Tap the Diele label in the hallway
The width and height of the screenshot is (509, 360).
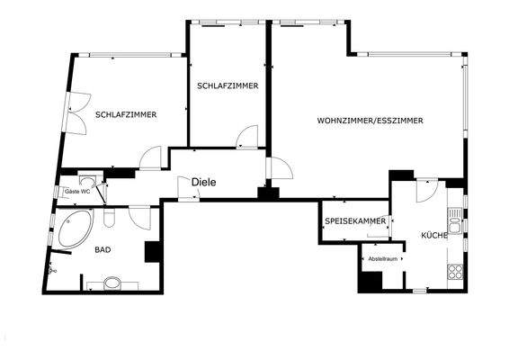click(x=204, y=182)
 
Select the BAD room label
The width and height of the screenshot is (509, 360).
click(x=103, y=252)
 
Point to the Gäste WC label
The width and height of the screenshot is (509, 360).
click(x=77, y=192)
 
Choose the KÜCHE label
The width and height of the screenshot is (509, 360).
click(x=434, y=235)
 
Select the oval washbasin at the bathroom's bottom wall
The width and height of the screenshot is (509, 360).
click(x=112, y=284)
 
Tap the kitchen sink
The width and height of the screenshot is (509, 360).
click(x=456, y=222)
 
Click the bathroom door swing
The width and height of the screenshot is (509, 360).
click(x=139, y=217)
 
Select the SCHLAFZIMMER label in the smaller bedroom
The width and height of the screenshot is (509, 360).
click(x=228, y=85)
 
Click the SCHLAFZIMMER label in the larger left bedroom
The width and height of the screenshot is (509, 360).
click(x=126, y=114)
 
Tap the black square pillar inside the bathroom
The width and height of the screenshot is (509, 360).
click(x=151, y=252)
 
